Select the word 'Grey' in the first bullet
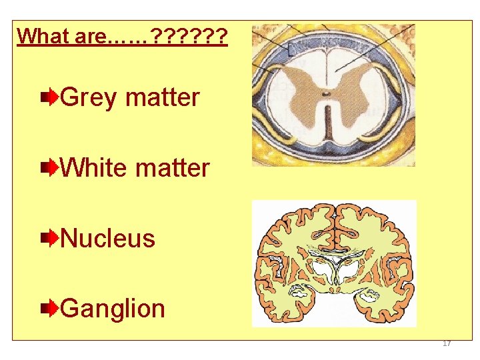pos(89,98)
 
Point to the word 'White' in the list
pos(94,168)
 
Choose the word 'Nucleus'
pos(107,238)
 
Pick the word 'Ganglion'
pos(113,309)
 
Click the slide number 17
pos(447,343)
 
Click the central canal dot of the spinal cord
pos(326,93)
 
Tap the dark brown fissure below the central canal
pos(326,123)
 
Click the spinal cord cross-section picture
pos(333,95)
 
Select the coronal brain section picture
pos(334,263)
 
